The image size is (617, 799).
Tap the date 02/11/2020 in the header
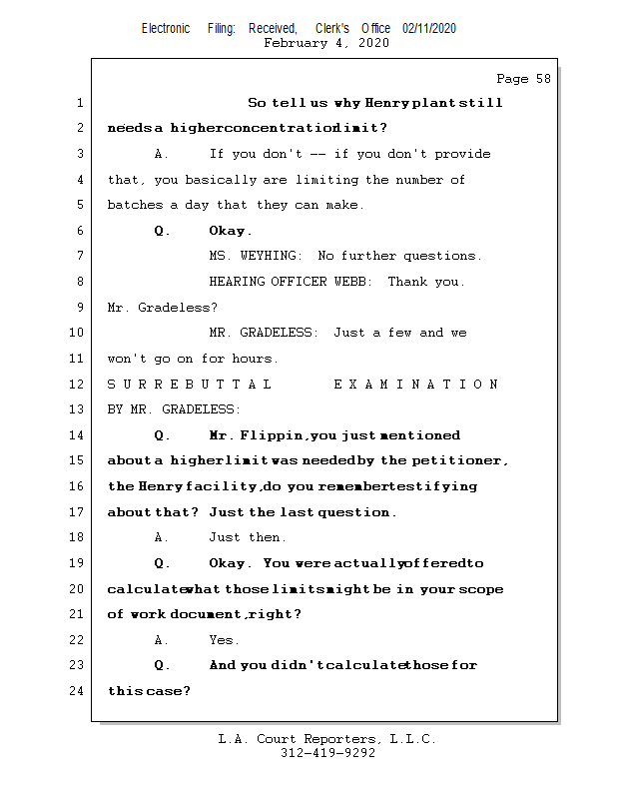pos(429,28)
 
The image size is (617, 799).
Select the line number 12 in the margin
pos(78,384)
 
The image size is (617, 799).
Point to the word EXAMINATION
pos(415,385)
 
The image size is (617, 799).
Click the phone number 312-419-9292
pos(327,754)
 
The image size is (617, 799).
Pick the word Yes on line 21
pos(224,640)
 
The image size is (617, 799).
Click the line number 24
pos(78,690)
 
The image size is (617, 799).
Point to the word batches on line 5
pos(133,205)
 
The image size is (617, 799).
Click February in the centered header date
pos(297,43)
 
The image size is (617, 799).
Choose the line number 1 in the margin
pos(78,103)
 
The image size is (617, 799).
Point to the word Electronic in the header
pos(166,28)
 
